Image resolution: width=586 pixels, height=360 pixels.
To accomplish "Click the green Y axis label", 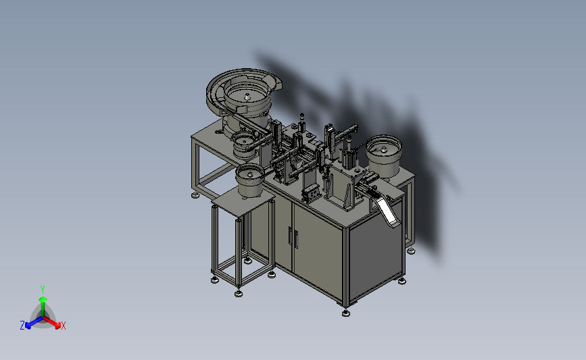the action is [x=43, y=290].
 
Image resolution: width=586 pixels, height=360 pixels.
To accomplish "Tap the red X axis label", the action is [x=63, y=326].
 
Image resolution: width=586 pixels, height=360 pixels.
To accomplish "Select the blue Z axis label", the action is [x=22, y=326].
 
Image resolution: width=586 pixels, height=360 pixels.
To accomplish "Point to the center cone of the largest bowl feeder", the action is [x=247, y=97].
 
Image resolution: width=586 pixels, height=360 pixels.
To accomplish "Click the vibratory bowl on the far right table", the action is [x=384, y=155].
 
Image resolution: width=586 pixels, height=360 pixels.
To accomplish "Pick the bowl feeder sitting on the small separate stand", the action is [x=249, y=180].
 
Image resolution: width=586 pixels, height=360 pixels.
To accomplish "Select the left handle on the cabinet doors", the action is [x=290, y=236].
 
